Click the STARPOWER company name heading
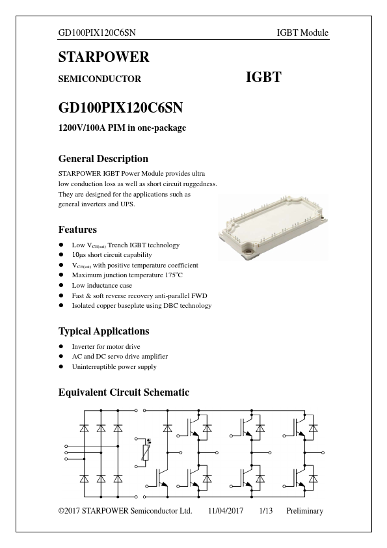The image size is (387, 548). click(x=103, y=57)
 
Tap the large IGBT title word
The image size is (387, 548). click(x=263, y=77)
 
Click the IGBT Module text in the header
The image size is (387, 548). click(x=302, y=33)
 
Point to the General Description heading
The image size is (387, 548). click(x=103, y=159)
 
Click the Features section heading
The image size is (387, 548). click(x=77, y=230)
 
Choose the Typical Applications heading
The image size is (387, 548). click(x=103, y=331)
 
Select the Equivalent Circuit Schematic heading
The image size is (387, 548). click(x=124, y=392)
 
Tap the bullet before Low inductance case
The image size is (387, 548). click(x=61, y=286)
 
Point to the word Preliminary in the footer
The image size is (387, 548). click(x=304, y=511)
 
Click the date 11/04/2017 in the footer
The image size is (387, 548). click(x=226, y=511)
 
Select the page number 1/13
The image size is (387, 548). click(x=265, y=511)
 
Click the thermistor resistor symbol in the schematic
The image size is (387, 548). click(x=144, y=452)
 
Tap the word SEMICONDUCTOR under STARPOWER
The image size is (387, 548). click(x=100, y=79)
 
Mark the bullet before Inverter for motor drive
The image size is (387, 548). click(x=61, y=347)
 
